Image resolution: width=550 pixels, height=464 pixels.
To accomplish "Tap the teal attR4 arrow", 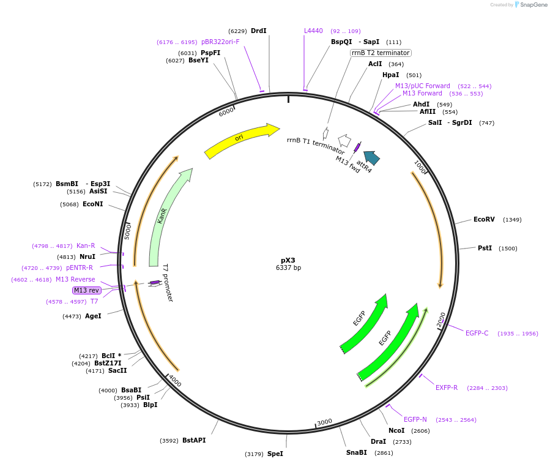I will pyautogui.click(x=371, y=158).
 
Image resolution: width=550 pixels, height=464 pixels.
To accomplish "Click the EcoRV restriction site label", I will pyautogui.click(x=484, y=219).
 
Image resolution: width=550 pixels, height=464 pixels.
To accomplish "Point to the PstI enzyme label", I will pyautogui.click(x=485, y=248).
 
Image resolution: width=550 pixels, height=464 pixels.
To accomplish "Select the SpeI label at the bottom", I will pyautogui.click(x=275, y=454).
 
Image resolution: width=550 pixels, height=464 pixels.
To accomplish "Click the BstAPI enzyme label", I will pyautogui.click(x=194, y=440).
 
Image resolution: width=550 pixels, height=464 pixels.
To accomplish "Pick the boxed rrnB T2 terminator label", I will pyautogui.click(x=381, y=53).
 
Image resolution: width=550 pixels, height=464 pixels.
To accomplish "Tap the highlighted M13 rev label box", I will pyautogui.click(x=86, y=290).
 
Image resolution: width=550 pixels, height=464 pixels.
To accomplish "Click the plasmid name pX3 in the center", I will pyautogui.click(x=288, y=260).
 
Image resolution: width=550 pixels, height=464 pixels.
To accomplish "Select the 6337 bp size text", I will pyautogui.click(x=288, y=268).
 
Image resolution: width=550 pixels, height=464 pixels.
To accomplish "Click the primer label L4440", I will pyautogui.click(x=313, y=31).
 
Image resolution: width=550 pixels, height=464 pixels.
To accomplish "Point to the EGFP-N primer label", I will pyautogui.click(x=415, y=419).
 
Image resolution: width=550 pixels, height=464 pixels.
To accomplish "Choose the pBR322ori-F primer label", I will pyautogui.click(x=220, y=42).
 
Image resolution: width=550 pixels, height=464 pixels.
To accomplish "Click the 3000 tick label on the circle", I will pyautogui.click(x=324, y=422).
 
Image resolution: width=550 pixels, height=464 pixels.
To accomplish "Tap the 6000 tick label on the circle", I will pyautogui.click(x=226, y=112).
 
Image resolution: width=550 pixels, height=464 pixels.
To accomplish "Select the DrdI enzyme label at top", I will pyautogui.click(x=259, y=31).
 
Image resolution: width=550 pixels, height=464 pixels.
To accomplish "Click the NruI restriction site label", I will pyautogui.click(x=87, y=256).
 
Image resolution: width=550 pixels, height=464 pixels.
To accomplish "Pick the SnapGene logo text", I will pyautogui.click(x=533, y=5).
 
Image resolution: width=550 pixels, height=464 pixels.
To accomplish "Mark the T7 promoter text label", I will pyautogui.click(x=168, y=283).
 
